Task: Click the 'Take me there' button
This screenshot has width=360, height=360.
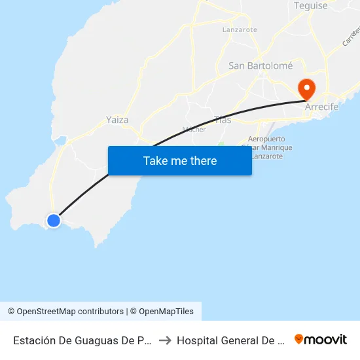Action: (x=180, y=161)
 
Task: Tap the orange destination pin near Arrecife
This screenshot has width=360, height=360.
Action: (x=306, y=88)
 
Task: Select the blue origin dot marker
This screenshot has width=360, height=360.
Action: (x=54, y=221)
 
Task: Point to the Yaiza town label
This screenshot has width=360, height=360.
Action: (x=117, y=120)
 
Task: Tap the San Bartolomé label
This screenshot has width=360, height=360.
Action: (x=260, y=65)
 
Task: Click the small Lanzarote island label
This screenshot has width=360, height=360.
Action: (x=240, y=29)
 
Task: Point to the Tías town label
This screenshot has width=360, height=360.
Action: (x=223, y=119)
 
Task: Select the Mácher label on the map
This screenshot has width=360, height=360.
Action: (x=194, y=130)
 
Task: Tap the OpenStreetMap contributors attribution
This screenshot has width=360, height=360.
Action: (x=65, y=312)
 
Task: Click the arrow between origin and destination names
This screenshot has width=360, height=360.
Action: (x=165, y=340)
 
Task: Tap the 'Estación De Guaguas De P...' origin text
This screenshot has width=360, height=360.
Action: (x=82, y=340)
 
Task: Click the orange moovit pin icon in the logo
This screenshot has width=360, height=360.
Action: (x=299, y=339)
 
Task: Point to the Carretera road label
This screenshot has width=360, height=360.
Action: (x=351, y=36)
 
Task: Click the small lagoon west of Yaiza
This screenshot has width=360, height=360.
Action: (x=60, y=139)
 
